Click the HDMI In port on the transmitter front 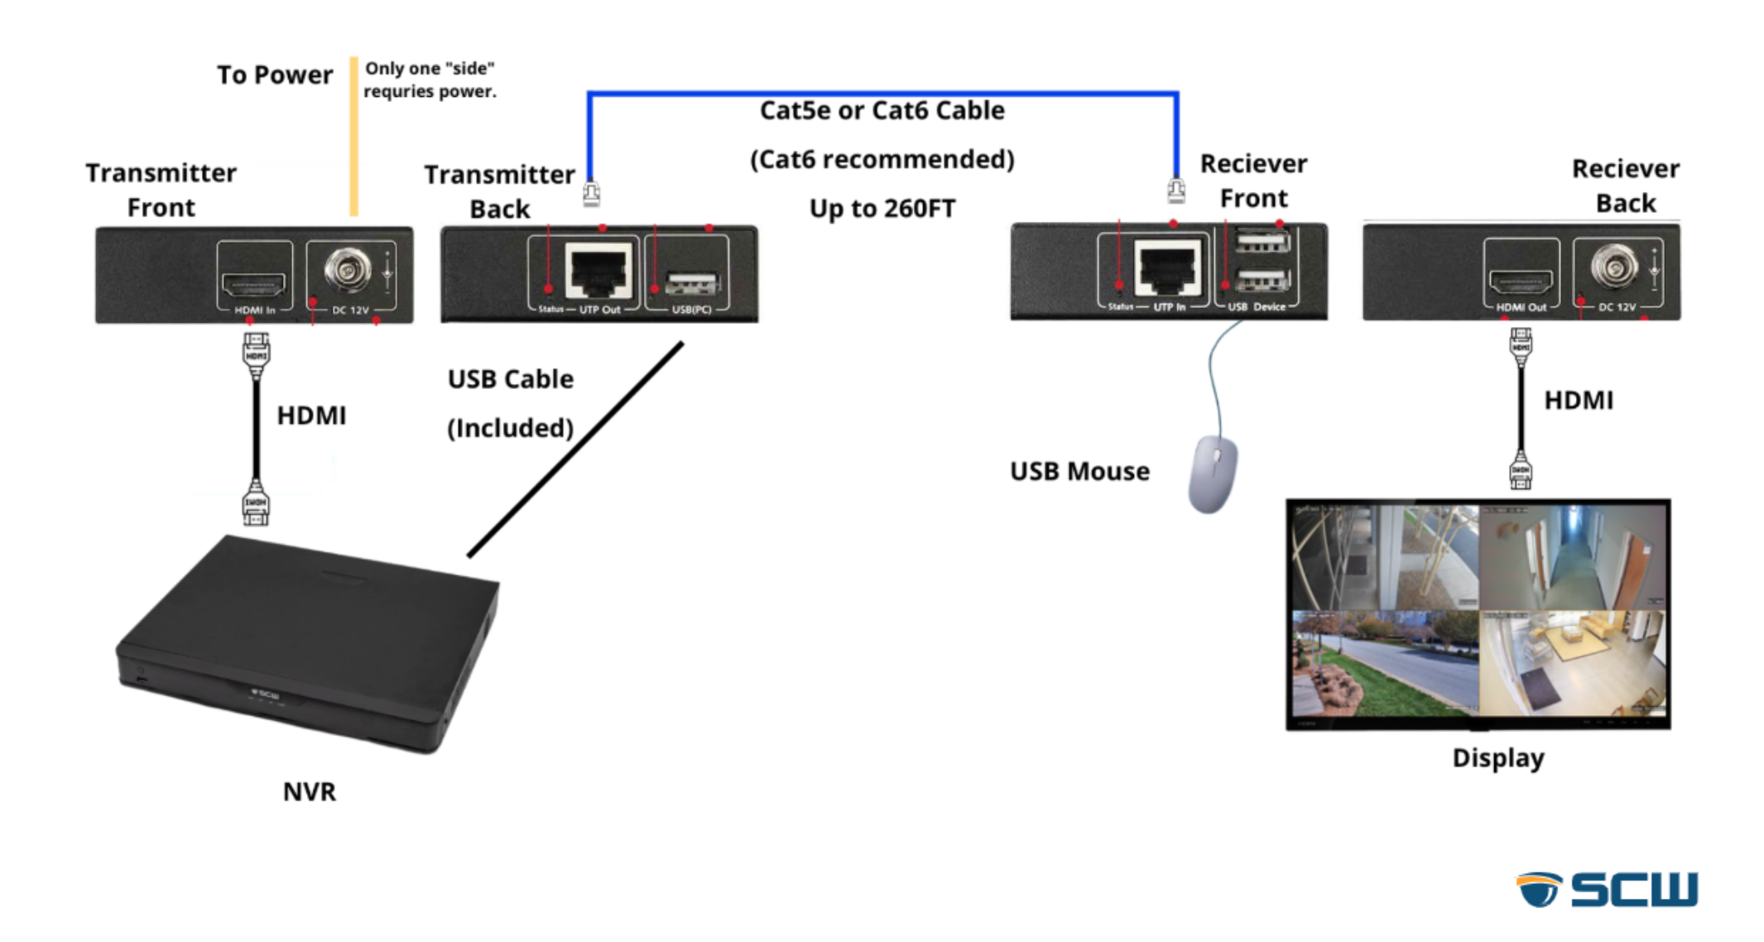[x=253, y=284]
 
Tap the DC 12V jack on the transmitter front [x=348, y=269]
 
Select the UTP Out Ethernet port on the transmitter [x=598, y=271]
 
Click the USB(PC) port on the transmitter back [x=692, y=283]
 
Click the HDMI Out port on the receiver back [x=1521, y=281]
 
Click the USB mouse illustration [x=1213, y=473]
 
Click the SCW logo [x=1607, y=889]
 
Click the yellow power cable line [x=353, y=137]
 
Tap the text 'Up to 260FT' [x=882, y=209]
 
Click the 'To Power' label [x=275, y=75]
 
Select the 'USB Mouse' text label [x=1079, y=471]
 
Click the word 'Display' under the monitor [x=1497, y=758]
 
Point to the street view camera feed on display [x=1385, y=663]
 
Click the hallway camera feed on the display [x=1572, y=558]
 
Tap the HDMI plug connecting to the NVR [x=256, y=504]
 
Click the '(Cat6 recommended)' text [x=882, y=159]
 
